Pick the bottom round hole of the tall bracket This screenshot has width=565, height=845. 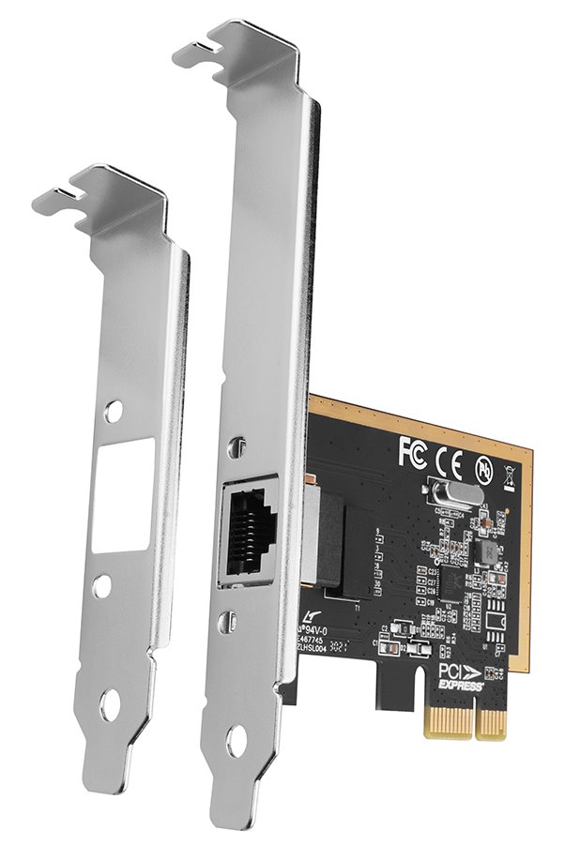pos(237,741)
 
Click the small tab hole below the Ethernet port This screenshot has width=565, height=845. pos(232,621)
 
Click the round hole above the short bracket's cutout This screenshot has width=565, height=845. pos(114,410)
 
